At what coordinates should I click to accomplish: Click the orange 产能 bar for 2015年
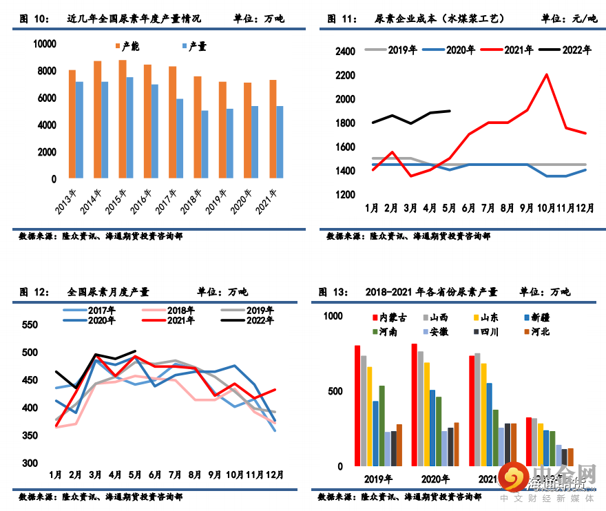point(123,119)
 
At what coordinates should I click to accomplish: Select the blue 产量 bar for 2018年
point(205,144)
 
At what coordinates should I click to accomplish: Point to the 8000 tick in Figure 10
point(45,72)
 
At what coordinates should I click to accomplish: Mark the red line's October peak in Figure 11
point(547,74)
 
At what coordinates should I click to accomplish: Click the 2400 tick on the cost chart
point(345,52)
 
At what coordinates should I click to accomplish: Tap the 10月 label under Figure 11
point(547,207)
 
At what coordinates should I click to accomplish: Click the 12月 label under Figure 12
point(275,474)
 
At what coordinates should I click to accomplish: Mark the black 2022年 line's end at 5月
point(136,351)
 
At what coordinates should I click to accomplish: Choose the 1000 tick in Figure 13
point(333,316)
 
